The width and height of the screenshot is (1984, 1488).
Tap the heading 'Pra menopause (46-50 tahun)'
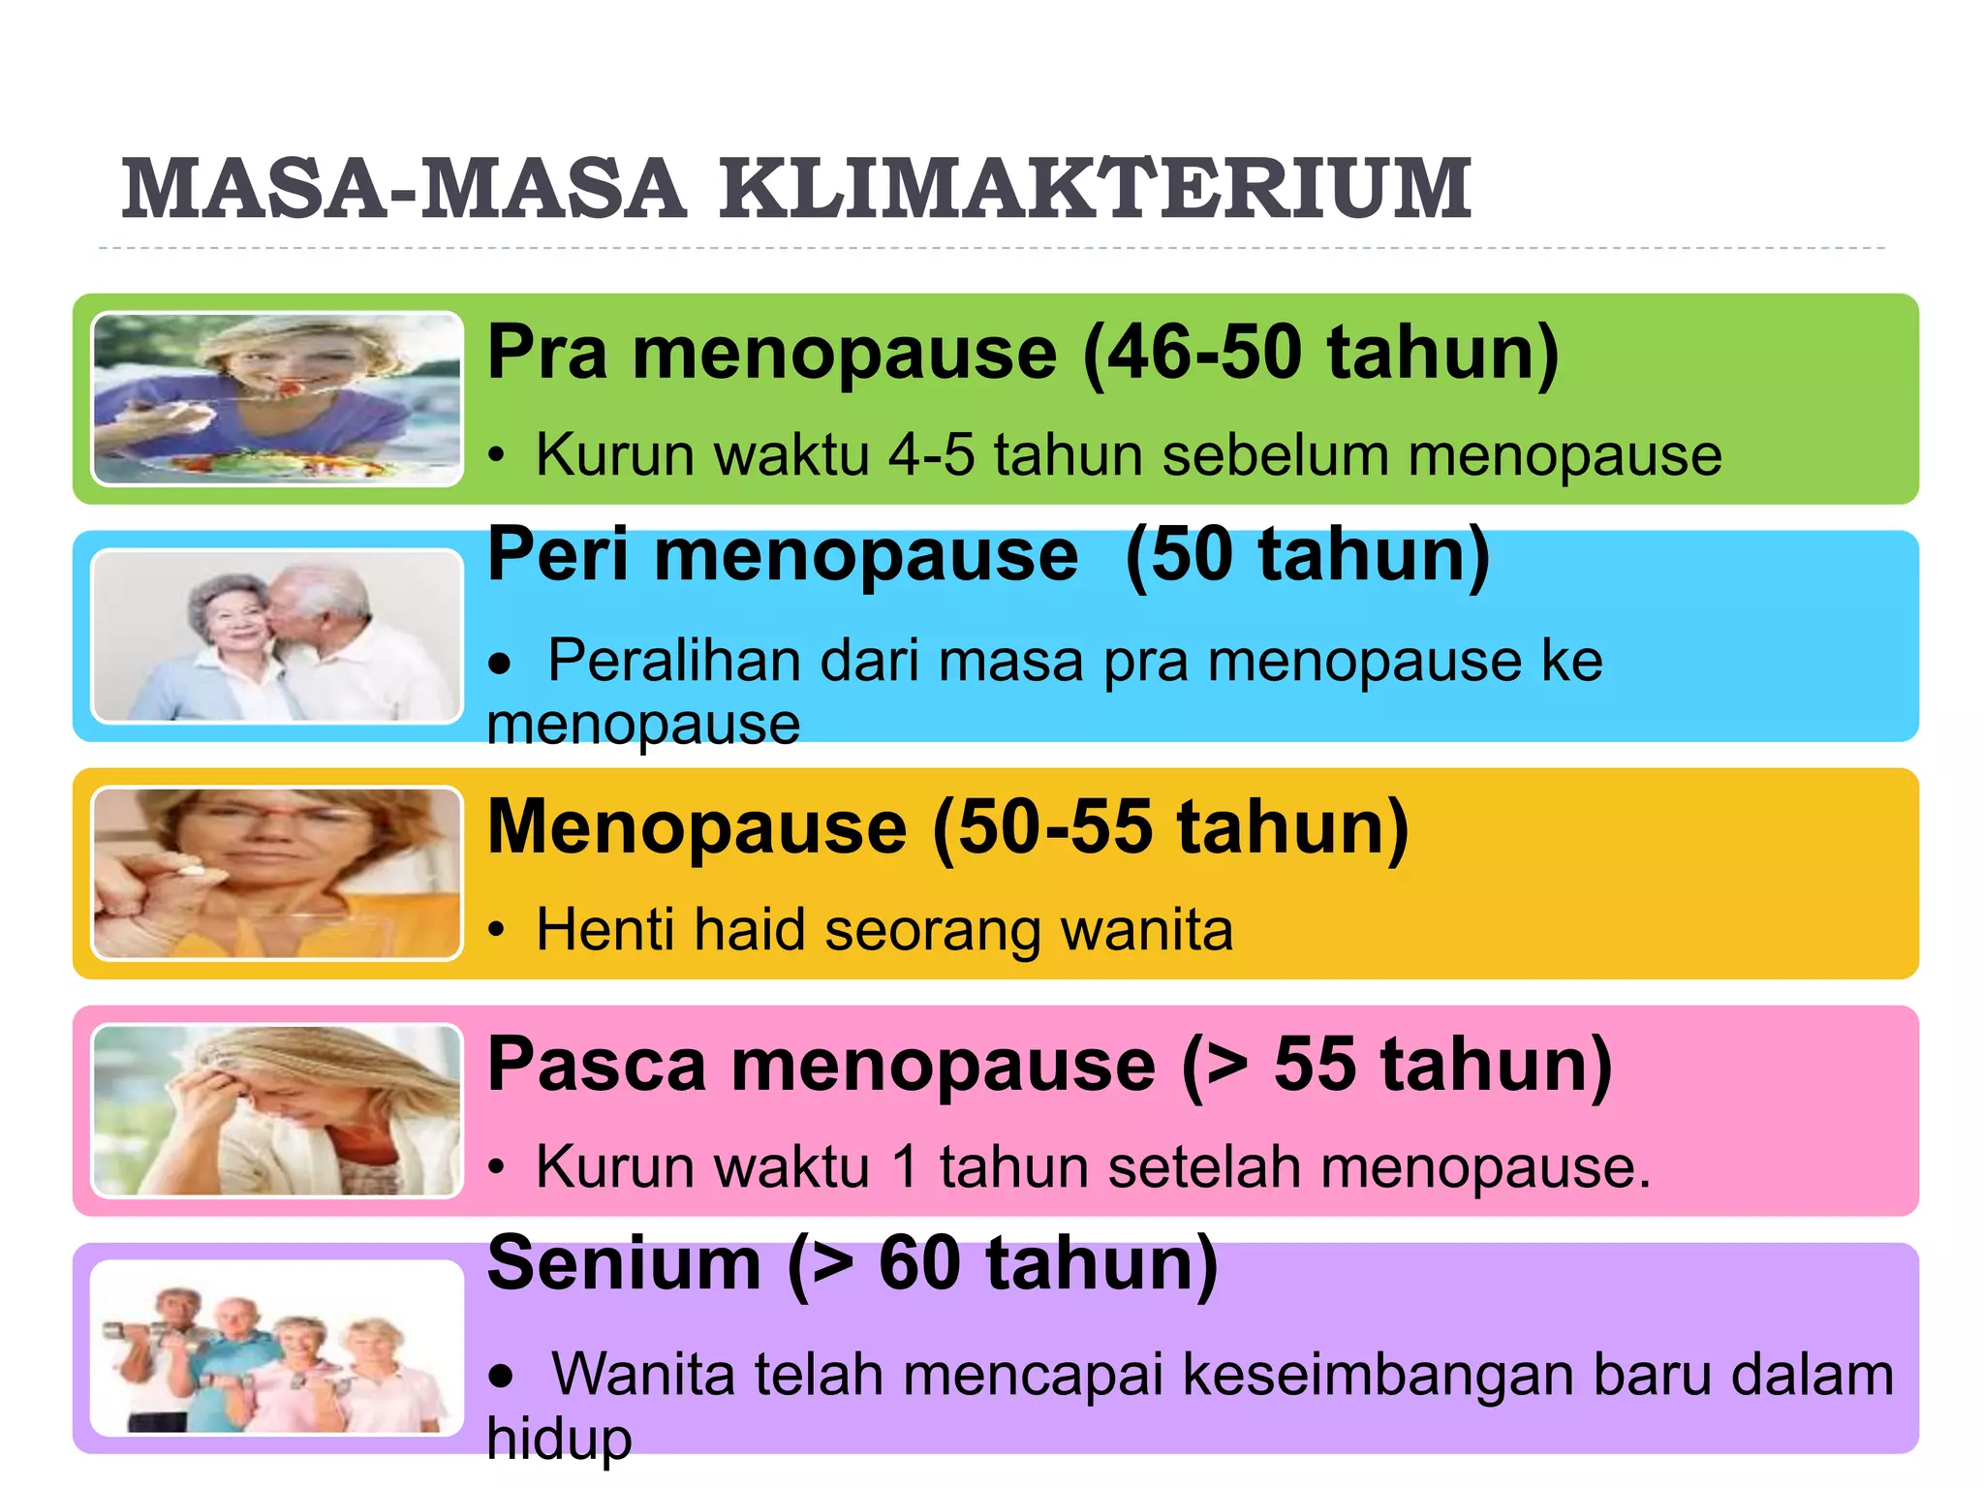1022,353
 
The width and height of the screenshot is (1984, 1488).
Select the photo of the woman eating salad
277,398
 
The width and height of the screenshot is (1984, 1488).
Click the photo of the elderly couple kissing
277,635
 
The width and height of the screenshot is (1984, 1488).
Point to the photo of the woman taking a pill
277,873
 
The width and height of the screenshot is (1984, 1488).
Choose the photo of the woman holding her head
277,1110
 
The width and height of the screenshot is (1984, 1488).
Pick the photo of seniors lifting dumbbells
277,1348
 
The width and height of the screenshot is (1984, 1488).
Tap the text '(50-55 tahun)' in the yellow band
1169,828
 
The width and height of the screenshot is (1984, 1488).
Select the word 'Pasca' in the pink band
596,1066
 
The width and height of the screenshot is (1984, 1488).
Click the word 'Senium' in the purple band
624,1264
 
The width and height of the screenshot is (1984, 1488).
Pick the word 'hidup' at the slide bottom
559,1439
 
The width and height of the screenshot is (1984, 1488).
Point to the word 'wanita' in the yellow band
1147,930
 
